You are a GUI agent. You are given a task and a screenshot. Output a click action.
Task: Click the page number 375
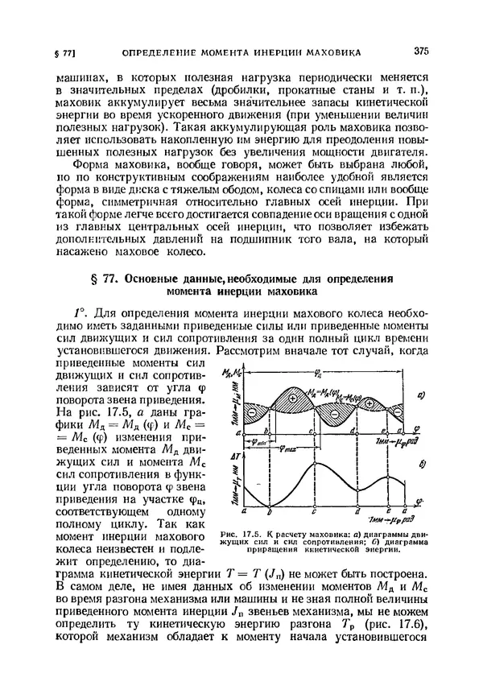pyautogui.click(x=421, y=51)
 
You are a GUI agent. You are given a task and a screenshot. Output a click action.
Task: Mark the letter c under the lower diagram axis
pyautogui.click(x=313, y=512)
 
